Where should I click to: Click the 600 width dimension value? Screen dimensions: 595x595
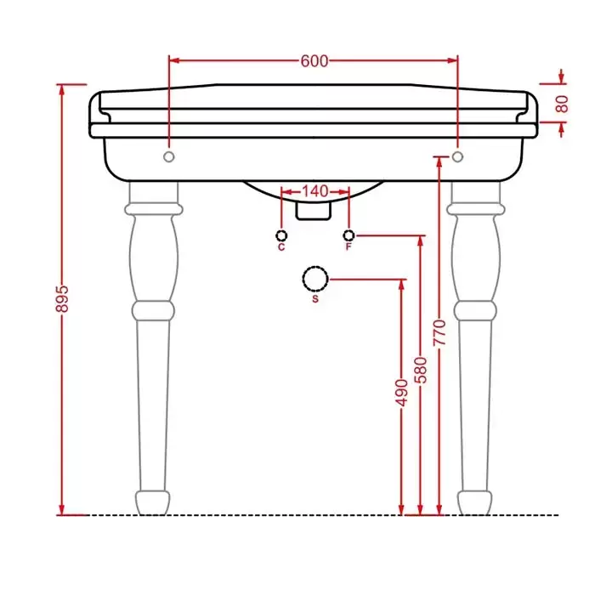click(x=314, y=60)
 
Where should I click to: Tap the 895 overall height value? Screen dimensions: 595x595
click(x=62, y=299)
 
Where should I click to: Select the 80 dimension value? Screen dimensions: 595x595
click(x=562, y=104)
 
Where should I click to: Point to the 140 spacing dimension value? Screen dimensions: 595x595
click(x=315, y=191)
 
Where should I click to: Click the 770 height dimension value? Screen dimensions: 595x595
click(x=439, y=332)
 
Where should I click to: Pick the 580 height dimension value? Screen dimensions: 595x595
click(x=421, y=370)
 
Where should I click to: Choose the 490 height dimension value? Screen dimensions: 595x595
click(x=401, y=393)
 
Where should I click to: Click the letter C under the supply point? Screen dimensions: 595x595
click(x=281, y=247)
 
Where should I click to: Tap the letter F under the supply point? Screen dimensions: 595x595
click(x=348, y=247)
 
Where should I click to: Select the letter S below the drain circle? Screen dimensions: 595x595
click(x=315, y=299)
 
